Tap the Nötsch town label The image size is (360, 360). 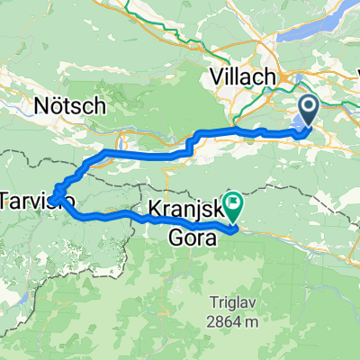pyautogui.click(x=70, y=106)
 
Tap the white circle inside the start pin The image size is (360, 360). pyautogui.click(x=308, y=110)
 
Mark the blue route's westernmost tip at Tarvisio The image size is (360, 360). pyautogui.click(x=51, y=197)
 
